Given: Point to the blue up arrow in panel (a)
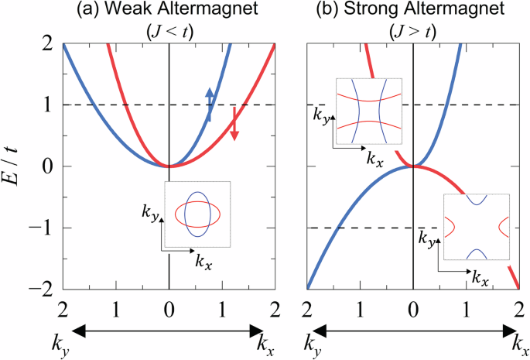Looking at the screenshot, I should point(209,102).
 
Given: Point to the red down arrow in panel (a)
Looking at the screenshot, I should point(234,124).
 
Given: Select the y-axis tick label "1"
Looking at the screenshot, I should point(47,105).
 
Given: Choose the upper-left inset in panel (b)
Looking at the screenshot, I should point(368,111).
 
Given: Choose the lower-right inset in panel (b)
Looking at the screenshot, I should point(476,227).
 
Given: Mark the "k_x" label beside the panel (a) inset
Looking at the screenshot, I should point(203,264).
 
